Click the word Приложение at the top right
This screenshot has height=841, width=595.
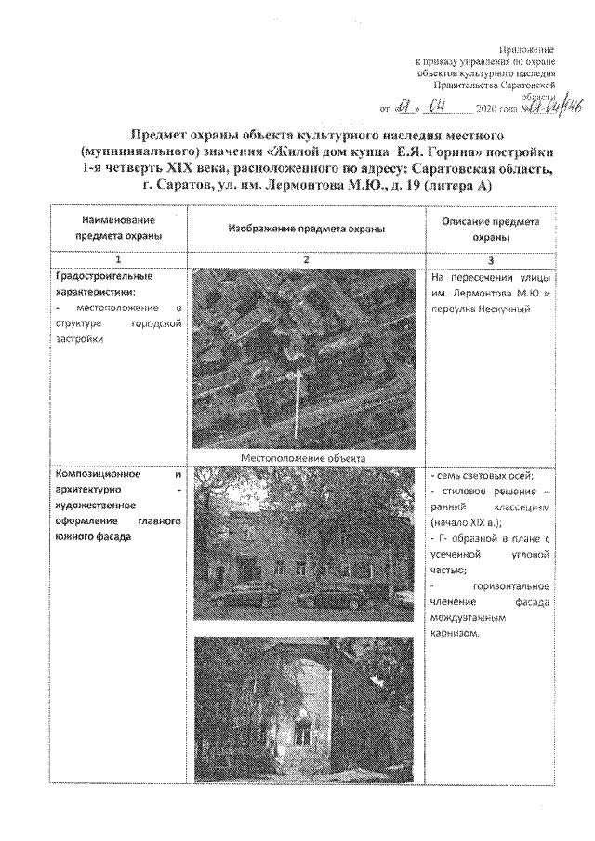pyautogui.click(x=528, y=47)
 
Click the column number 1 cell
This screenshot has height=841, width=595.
pyautogui.click(x=118, y=258)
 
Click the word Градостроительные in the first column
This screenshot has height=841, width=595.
pyautogui.click(x=100, y=276)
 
